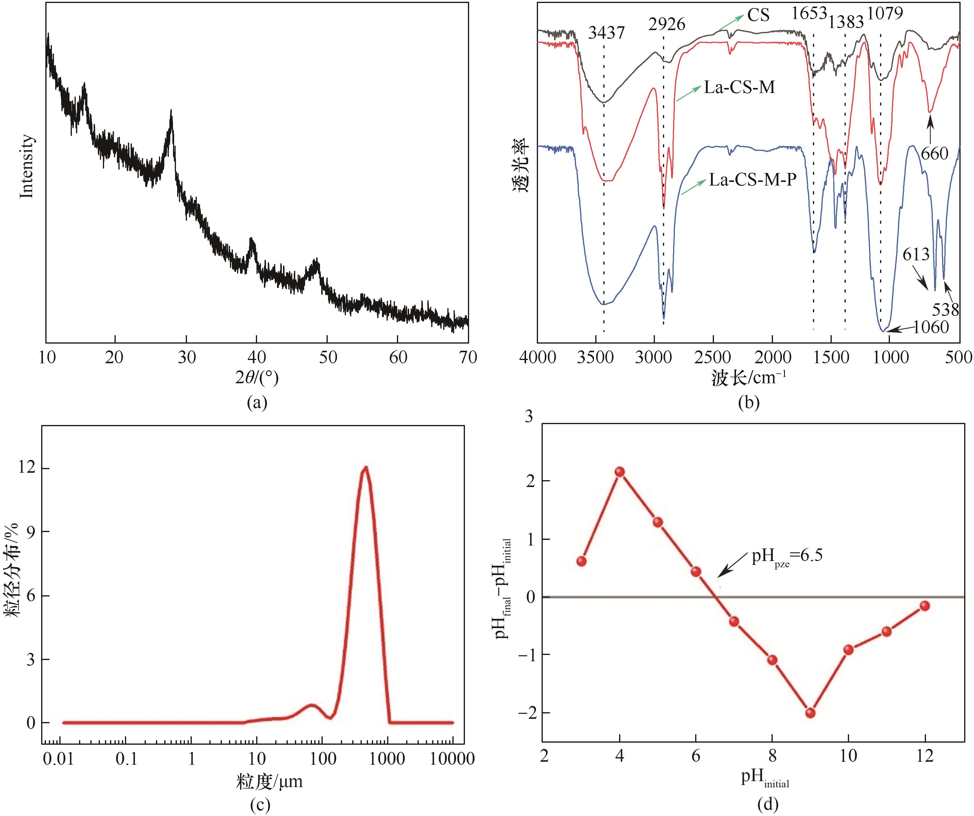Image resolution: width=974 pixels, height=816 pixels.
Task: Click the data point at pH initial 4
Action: coord(620,472)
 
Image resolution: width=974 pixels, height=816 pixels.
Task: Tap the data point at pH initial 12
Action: coord(925,605)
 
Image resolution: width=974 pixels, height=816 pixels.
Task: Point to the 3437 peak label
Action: coord(606,33)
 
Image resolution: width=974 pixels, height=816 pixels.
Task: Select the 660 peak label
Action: coord(934,153)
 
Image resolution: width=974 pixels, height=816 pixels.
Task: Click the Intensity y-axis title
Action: coord(27,166)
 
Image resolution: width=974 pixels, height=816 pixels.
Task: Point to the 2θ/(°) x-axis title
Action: coord(256,378)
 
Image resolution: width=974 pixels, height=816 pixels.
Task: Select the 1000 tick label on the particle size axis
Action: coord(388,759)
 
